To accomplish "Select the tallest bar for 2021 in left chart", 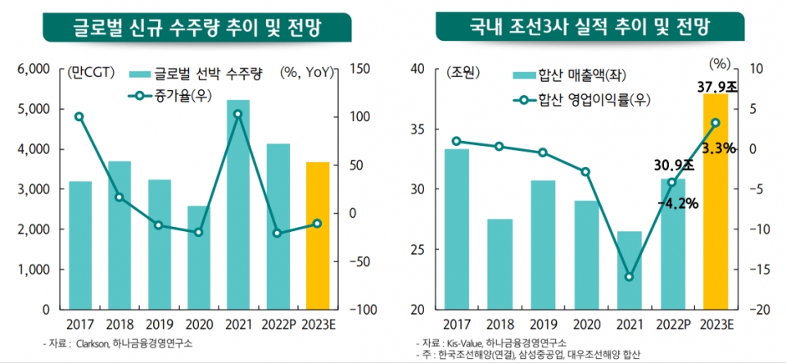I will [x=237, y=205].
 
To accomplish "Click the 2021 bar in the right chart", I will [x=629, y=270].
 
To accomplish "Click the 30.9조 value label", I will [x=673, y=165].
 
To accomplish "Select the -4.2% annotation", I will [x=677, y=202].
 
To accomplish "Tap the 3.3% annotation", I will [x=718, y=148].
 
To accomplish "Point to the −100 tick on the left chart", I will [x=363, y=310].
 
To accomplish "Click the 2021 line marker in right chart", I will [x=629, y=277].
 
